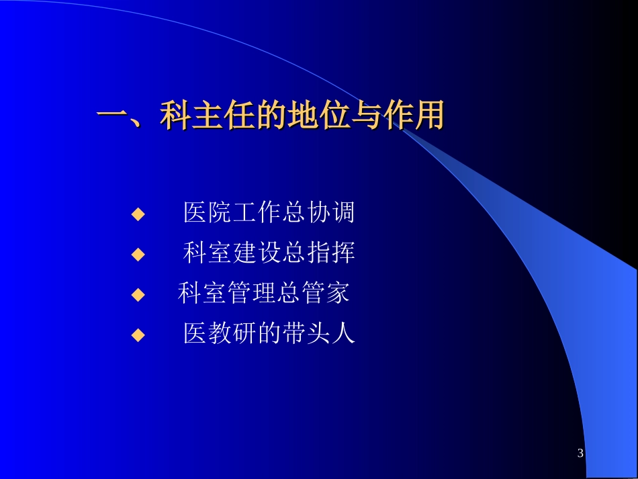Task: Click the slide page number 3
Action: click(581, 453)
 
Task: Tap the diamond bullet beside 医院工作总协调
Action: click(138, 214)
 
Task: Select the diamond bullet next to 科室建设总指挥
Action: click(138, 254)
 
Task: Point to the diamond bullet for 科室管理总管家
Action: click(138, 294)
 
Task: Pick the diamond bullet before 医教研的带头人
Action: click(138, 334)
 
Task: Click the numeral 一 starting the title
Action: click(112, 116)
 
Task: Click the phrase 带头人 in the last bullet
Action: click(317, 333)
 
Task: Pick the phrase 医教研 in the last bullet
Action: click(220, 333)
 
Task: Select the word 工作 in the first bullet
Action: click(257, 214)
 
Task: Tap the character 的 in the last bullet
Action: click(269, 333)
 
